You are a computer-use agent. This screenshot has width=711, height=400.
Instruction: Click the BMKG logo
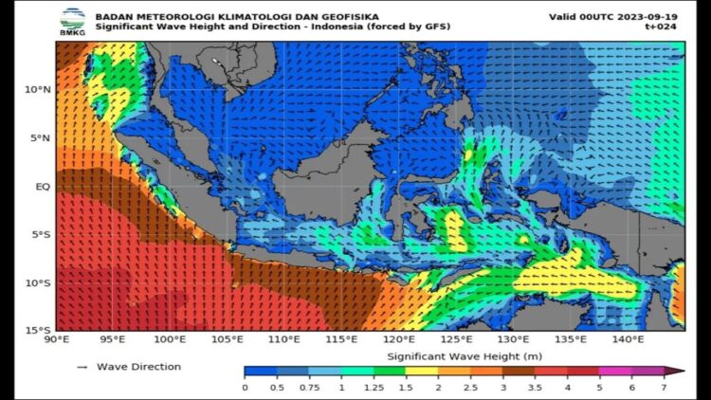72,20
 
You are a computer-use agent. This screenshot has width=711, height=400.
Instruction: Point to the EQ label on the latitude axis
43,187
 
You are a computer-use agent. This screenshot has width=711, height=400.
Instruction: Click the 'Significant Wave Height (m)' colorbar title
451,356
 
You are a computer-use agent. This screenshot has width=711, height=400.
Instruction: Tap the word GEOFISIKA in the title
319,16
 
